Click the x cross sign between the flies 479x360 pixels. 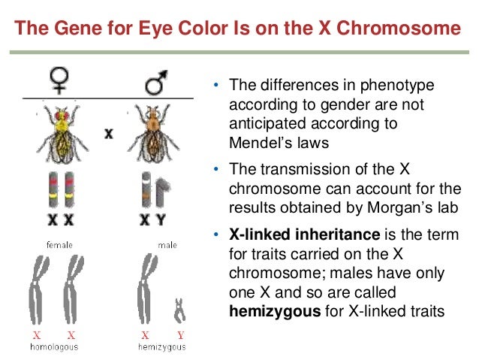pyautogui.click(x=109, y=133)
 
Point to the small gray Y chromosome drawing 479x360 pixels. pyautogui.click(x=179, y=308)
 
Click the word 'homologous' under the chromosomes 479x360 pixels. pyautogui.click(x=54, y=347)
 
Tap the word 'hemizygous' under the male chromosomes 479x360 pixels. pyautogui.click(x=162, y=347)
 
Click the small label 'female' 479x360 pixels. pyautogui.click(x=59, y=245)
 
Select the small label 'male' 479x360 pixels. pyautogui.click(x=167, y=245)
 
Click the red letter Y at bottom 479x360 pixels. pyautogui.click(x=180, y=336)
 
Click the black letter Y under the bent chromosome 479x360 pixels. pyautogui.click(x=161, y=220)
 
